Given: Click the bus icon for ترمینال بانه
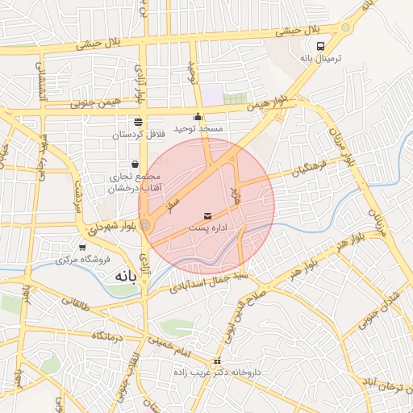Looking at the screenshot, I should click(321, 47).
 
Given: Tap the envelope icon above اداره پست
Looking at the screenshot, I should click(209, 216).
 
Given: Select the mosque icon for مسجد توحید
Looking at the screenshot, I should click(198, 116).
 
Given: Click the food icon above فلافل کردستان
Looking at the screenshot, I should click(138, 122).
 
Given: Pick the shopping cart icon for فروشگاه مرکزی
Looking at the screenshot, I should click(82, 248).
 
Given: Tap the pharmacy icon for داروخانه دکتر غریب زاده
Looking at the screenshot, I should click(216, 361).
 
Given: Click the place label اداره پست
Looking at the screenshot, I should click(209, 229).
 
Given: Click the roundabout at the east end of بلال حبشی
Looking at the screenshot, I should click(346, 27).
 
